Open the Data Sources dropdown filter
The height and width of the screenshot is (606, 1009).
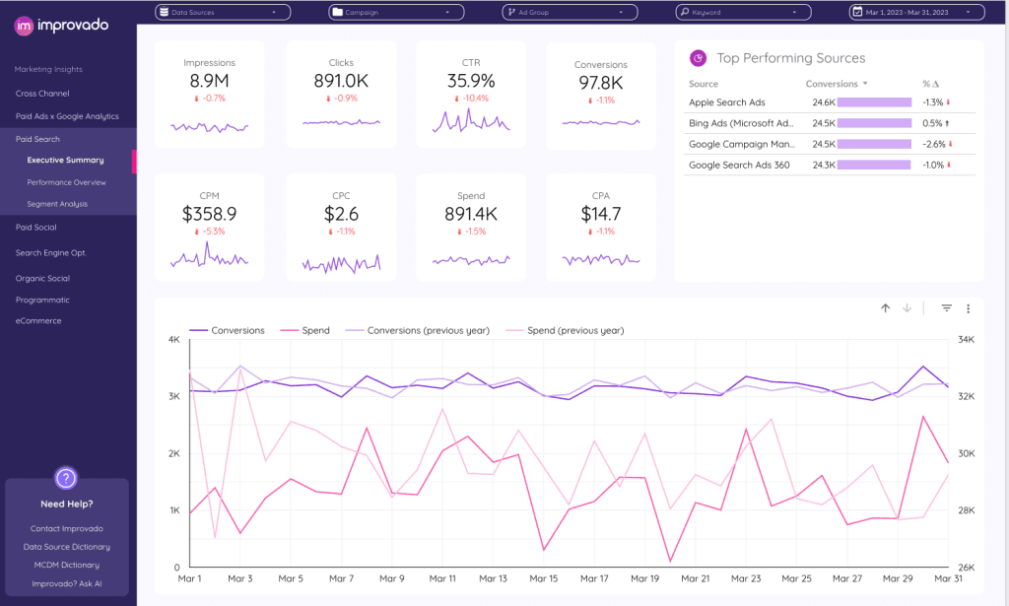[x=223, y=13]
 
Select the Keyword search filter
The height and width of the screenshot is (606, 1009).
[x=744, y=13]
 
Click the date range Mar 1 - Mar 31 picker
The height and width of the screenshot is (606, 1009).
[x=916, y=13]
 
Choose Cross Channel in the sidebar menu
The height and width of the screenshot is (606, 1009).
[x=42, y=94]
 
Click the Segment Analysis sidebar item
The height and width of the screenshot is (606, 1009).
[x=57, y=204]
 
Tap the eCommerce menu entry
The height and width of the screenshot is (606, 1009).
[x=38, y=321]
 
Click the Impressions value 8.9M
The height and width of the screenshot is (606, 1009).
[x=209, y=82]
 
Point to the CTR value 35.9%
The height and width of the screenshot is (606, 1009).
[x=470, y=82]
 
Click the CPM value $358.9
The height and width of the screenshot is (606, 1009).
[x=209, y=214]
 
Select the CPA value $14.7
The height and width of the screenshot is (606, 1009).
[x=600, y=214]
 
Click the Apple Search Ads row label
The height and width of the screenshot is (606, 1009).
[x=727, y=102]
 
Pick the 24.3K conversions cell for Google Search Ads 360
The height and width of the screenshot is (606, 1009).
[x=823, y=165]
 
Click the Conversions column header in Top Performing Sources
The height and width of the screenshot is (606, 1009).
[x=832, y=85]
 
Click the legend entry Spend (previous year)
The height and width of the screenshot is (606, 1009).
[x=574, y=331]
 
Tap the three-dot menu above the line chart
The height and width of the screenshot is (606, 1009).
[x=968, y=308]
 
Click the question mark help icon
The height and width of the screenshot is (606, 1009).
[x=66, y=479]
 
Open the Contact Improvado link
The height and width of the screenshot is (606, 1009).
[x=66, y=529]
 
